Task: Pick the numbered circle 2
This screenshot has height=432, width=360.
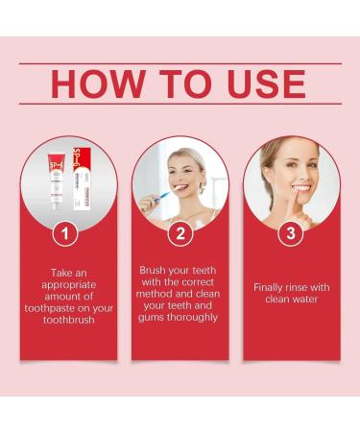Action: pyautogui.click(x=180, y=233)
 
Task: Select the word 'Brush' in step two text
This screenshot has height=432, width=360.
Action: pyautogui.click(x=156, y=271)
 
